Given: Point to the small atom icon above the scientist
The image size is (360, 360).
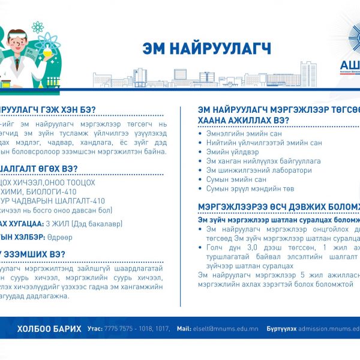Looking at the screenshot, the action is [x=38, y=27].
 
